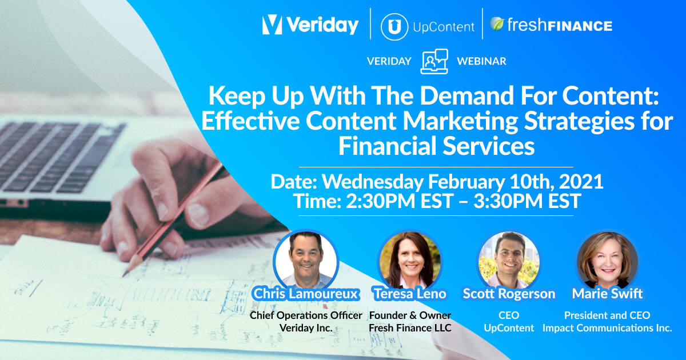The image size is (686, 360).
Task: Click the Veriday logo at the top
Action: tap(310, 25)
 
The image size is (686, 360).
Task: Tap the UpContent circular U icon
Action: tap(394, 27)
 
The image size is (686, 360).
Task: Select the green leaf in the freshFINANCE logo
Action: tap(497, 23)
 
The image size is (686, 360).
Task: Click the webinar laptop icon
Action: tap(434, 61)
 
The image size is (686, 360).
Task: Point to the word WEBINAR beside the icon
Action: tap(481, 61)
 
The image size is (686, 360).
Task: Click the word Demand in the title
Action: tap(466, 95)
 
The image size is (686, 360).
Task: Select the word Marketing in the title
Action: tap(460, 122)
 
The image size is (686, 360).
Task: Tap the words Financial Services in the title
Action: tap(436, 146)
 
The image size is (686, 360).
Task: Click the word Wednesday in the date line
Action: tap(373, 182)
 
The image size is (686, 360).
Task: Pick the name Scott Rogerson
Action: tap(509, 294)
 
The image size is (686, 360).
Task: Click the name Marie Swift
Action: tap(607, 294)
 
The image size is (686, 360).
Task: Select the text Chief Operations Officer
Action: tap(306, 315)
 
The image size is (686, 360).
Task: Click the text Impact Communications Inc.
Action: tap(607, 328)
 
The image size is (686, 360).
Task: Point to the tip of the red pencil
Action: tap(123, 275)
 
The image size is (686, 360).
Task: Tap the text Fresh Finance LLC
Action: tap(410, 328)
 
